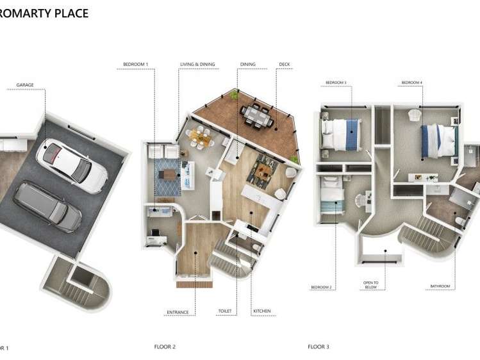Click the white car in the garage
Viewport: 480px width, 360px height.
(70, 163)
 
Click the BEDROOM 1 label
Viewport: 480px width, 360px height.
(135, 65)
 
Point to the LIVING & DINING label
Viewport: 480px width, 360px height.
(197, 65)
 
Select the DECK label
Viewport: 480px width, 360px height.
(285, 65)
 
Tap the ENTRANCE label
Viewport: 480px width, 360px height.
(178, 312)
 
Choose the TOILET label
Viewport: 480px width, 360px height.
(224, 312)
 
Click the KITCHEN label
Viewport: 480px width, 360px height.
(261, 312)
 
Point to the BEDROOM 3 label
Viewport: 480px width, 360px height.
(335, 83)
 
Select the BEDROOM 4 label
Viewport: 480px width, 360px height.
(411, 83)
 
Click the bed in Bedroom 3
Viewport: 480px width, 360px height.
(343, 134)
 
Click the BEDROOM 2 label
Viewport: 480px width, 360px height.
(321, 286)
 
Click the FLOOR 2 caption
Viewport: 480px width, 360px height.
(165, 347)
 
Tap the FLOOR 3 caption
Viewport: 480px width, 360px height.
(318, 347)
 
